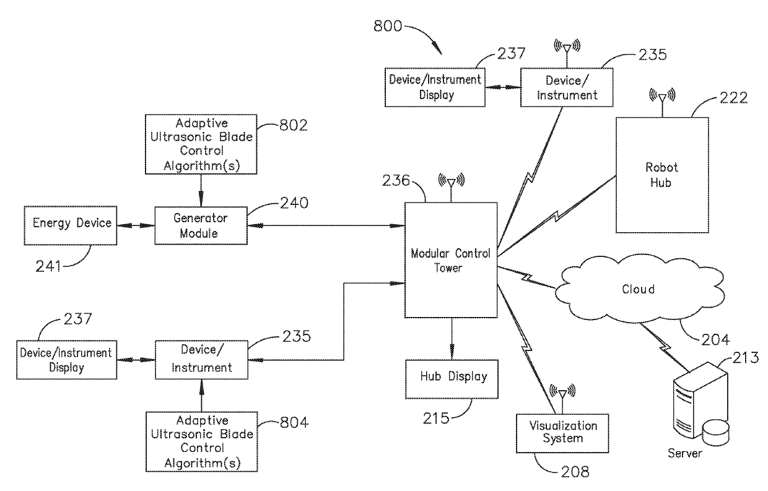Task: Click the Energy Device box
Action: click(70, 225)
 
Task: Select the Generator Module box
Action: click(201, 225)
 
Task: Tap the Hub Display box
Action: click(452, 379)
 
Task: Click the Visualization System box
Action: click(562, 433)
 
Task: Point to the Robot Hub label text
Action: click(661, 175)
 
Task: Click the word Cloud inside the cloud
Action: click(638, 289)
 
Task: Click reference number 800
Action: click(388, 26)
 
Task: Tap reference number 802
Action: click(294, 126)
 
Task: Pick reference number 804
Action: click(294, 422)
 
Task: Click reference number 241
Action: click(48, 266)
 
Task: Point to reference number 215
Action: click(436, 419)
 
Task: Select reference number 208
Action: click(575, 472)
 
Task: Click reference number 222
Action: click(733, 98)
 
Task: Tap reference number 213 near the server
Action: click(746, 358)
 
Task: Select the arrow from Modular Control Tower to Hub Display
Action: click(452, 339)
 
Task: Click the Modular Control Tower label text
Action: click(450, 261)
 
